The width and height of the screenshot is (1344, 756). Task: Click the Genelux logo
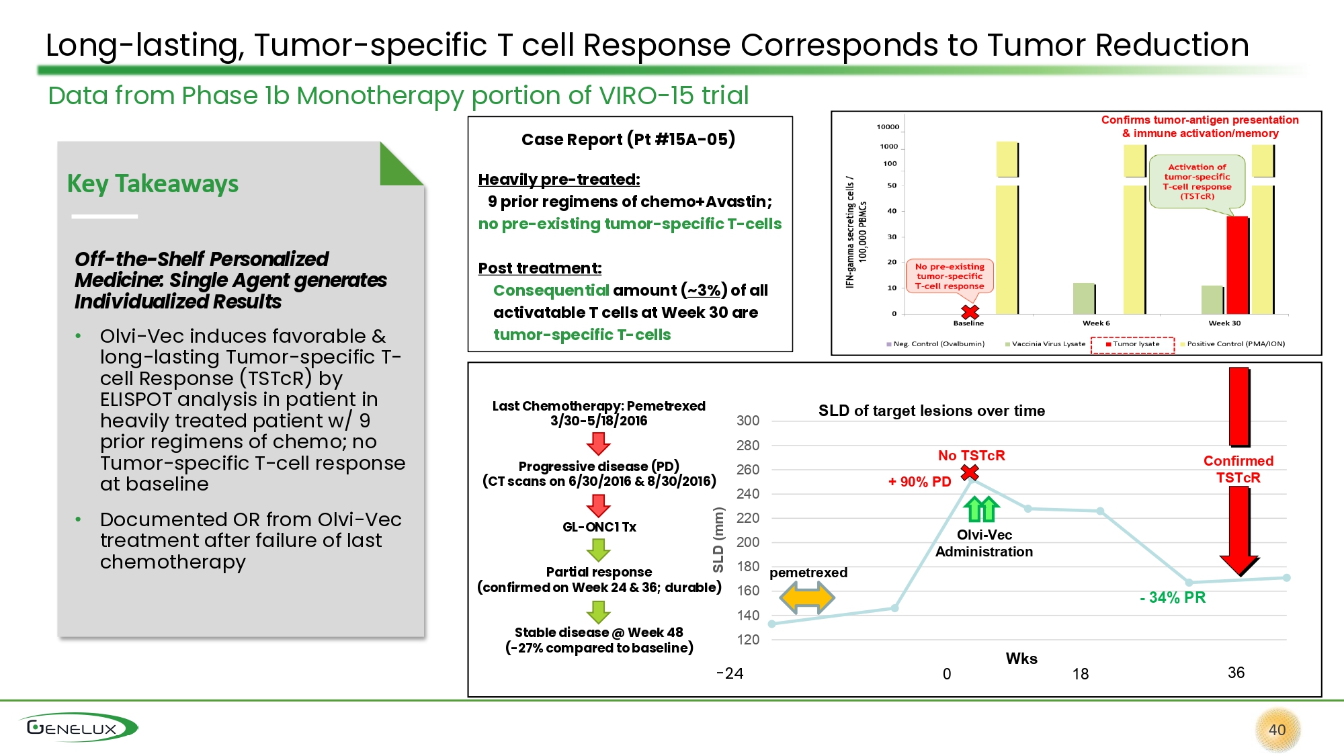tap(77, 728)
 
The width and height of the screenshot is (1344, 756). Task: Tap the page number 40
tap(1277, 730)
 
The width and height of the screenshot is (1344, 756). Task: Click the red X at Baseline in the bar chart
tap(970, 312)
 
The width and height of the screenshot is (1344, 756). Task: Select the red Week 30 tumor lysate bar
tap(1237, 265)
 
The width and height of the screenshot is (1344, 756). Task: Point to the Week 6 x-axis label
tap(1096, 323)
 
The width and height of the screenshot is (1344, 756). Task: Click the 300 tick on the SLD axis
tap(748, 421)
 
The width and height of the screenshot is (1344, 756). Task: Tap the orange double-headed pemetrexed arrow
tap(806, 597)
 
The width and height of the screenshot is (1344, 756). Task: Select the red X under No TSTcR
tap(970, 473)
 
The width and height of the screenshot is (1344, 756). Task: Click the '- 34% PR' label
tap(1173, 597)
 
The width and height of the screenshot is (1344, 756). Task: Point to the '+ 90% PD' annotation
tap(919, 482)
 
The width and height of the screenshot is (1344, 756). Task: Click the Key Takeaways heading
tap(153, 183)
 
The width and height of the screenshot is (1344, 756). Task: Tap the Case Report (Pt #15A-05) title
tap(628, 139)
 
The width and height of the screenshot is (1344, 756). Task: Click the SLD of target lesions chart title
tap(931, 411)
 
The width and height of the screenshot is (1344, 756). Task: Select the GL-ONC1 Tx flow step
tap(599, 527)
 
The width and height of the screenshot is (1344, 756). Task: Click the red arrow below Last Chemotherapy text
tap(598, 444)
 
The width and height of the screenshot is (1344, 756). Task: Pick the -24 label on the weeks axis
tap(730, 673)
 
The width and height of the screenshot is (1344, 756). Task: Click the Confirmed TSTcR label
tap(1238, 469)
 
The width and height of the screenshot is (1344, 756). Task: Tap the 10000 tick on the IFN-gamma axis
tap(888, 126)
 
